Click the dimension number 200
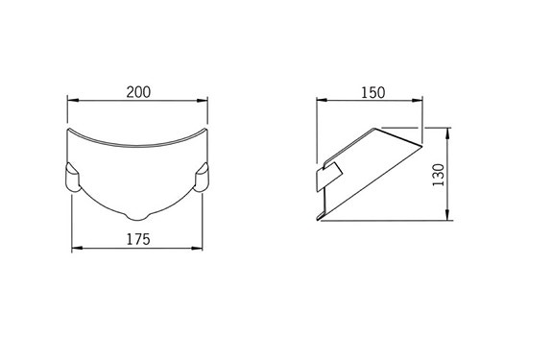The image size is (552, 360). (x=138, y=92)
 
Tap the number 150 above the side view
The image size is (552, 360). (x=372, y=92)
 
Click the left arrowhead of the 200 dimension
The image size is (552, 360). (x=70, y=100)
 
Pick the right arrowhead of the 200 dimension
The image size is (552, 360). (x=205, y=100)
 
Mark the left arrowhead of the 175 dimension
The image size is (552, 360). (x=77, y=249)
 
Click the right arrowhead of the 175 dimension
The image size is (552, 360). (x=200, y=249)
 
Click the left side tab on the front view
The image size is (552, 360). (x=72, y=178)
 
